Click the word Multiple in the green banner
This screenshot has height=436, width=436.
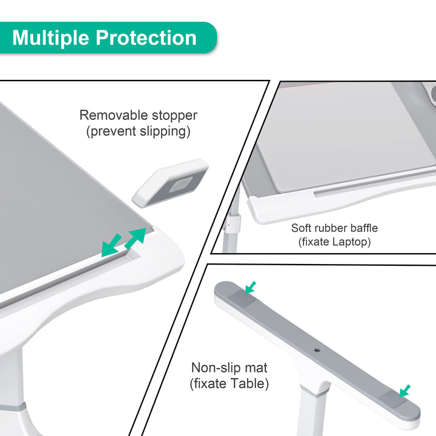(51, 38)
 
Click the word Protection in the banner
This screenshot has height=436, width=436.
(147, 38)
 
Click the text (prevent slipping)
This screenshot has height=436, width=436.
(138, 131)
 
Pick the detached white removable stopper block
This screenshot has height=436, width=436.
(170, 182)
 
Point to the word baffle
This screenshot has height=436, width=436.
(364, 228)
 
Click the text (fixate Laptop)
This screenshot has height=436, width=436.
(334, 242)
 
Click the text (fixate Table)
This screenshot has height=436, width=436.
(229, 383)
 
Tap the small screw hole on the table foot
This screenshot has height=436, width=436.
(317, 350)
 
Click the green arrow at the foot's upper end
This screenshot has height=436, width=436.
(250, 288)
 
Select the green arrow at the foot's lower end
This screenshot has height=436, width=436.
(405, 391)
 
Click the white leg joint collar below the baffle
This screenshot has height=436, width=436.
(233, 222)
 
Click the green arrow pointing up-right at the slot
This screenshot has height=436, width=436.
(136, 239)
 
